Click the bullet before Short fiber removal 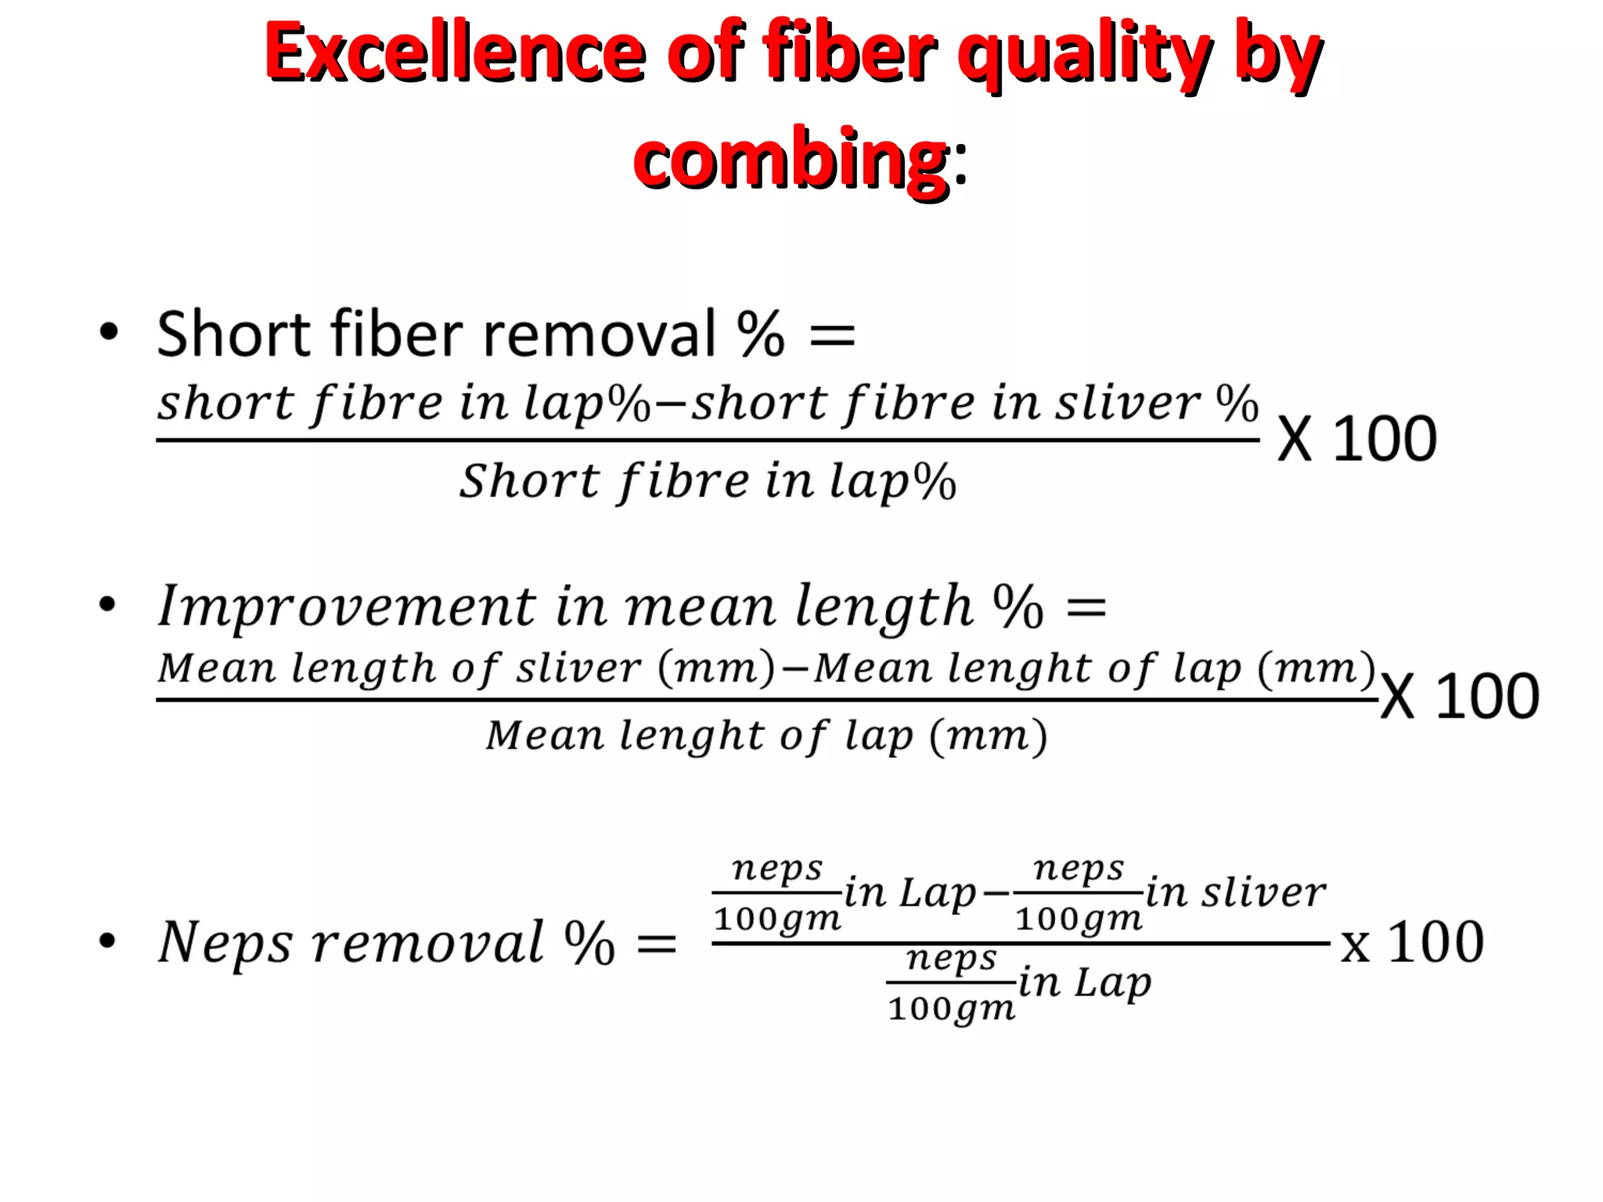(x=109, y=332)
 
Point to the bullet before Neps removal (x=108, y=941)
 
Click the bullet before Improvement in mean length (x=108, y=604)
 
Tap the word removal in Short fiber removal (x=599, y=335)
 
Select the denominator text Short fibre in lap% (x=708, y=480)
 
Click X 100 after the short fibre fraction (x=1357, y=439)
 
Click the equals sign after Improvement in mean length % (x=1086, y=607)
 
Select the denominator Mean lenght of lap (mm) (x=766, y=736)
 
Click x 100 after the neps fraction (x=1412, y=943)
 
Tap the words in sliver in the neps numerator (x=1236, y=893)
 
